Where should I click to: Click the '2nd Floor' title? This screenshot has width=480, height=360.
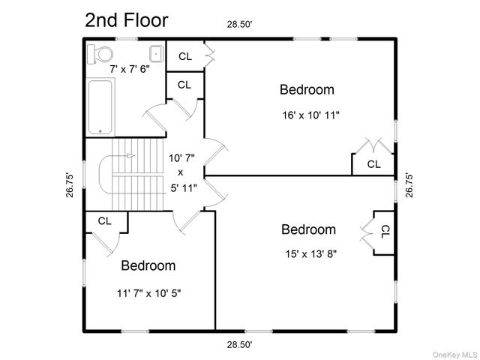127,20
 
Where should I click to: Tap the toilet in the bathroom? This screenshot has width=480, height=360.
100,54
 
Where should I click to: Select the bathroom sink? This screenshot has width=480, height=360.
156,54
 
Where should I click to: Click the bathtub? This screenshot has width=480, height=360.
100,106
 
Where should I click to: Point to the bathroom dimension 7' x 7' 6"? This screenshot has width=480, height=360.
130,69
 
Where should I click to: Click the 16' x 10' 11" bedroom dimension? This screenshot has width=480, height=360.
310,115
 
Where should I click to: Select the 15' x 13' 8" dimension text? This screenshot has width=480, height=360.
311,253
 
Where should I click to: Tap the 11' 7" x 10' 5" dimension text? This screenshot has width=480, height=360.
148,293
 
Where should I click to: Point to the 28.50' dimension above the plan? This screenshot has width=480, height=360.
239,25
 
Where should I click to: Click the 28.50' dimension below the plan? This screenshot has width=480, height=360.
239,345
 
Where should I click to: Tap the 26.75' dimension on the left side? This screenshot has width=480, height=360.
70,185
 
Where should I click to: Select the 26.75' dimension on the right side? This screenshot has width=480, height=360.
409,185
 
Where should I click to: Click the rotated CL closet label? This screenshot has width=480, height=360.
385,232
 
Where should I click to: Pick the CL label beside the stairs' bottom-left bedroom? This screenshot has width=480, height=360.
105,221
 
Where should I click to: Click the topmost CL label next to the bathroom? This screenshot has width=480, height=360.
185,57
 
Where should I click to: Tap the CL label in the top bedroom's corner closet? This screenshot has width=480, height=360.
373,164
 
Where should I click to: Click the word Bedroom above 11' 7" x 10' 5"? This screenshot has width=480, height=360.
148,265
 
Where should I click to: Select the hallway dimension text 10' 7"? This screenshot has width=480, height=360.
181,158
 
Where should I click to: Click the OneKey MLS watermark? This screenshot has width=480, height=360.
455,355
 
